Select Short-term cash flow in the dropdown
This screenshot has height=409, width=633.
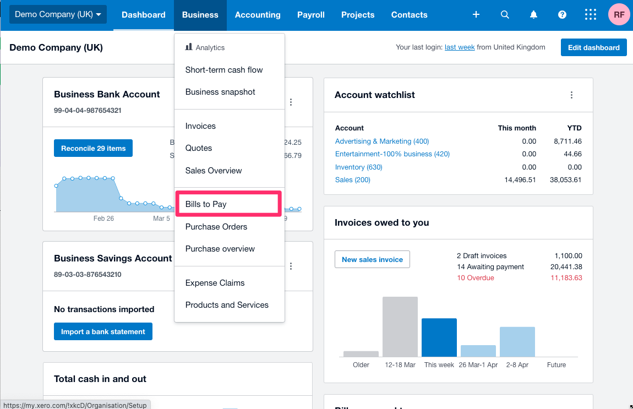(224, 70)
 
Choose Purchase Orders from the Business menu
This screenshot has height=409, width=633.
(216, 227)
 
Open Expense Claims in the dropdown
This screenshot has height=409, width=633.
(215, 283)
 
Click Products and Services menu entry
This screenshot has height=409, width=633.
(227, 305)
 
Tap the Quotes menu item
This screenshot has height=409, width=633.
(199, 148)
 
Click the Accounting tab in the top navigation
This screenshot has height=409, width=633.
(258, 15)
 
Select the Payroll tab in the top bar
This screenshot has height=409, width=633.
(311, 15)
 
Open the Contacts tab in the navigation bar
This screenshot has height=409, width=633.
(409, 15)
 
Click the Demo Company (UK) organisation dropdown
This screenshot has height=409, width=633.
(58, 15)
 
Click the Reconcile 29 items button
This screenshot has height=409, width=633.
(93, 148)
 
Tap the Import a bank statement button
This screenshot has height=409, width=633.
(103, 331)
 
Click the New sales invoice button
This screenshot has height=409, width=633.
(372, 259)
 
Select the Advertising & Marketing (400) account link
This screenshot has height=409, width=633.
(382, 141)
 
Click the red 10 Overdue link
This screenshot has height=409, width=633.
(476, 278)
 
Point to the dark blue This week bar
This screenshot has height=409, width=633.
(439, 337)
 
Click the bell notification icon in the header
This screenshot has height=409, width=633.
(533, 15)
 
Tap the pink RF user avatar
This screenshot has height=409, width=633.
(619, 15)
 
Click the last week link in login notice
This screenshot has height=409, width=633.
(460, 47)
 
